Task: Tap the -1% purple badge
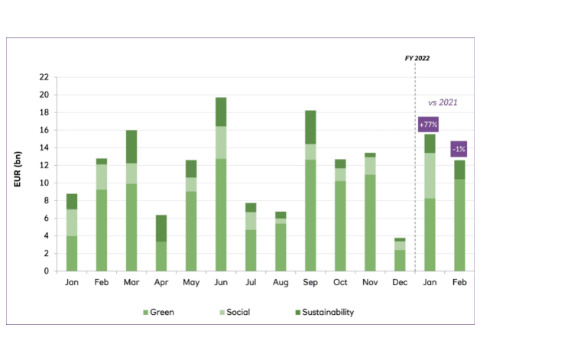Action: pyautogui.click(x=459, y=149)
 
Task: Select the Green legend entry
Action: pyautogui.click(x=160, y=312)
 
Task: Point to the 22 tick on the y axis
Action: pyautogui.click(x=44, y=77)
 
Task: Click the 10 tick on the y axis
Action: pyautogui.click(x=44, y=183)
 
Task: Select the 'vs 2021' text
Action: pyautogui.click(x=442, y=102)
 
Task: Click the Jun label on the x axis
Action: pyautogui.click(x=220, y=282)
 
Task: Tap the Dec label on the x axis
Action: pyautogui.click(x=400, y=282)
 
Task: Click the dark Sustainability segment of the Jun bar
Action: pyautogui.click(x=220, y=112)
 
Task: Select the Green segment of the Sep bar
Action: pyautogui.click(x=310, y=215)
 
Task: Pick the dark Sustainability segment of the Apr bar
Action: pyautogui.click(x=161, y=228)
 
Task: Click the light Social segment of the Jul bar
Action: pyautogui.click(x=250, y=221)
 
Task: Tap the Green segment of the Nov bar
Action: pyautogui.click(x=370, y=222)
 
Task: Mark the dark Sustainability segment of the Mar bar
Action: pyautogui.click(x=131, y=146)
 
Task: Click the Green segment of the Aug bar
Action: pyautogui.click(x=280, y=247)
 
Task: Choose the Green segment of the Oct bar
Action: pyautogui.click(x=340, y=225)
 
